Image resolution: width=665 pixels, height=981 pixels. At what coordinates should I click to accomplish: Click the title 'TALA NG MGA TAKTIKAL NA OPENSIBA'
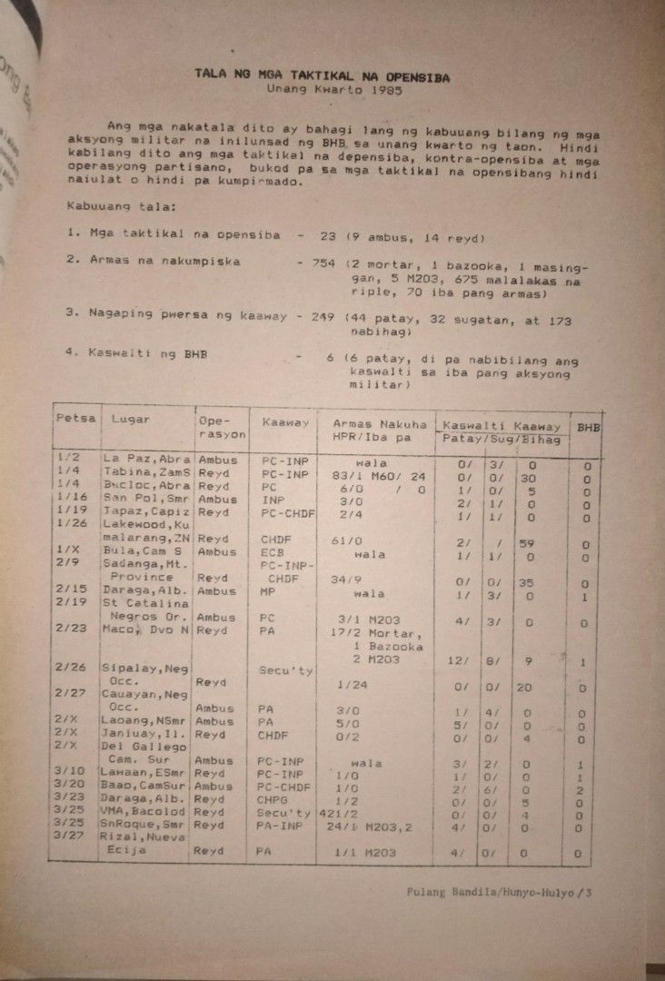point(323,77)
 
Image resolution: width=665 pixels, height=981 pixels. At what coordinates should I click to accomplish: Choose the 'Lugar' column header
point(130,420)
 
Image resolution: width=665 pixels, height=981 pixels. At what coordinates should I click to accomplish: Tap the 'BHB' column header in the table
point(586,426)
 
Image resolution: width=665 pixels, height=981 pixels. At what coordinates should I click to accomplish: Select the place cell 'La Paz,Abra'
point(144,460)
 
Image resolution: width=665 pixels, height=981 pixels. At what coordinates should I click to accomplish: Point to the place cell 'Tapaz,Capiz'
point(144,512)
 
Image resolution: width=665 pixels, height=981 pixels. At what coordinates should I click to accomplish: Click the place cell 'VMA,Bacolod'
point(144,811)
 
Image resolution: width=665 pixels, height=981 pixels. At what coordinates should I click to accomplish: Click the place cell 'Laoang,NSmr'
point(144,721)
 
